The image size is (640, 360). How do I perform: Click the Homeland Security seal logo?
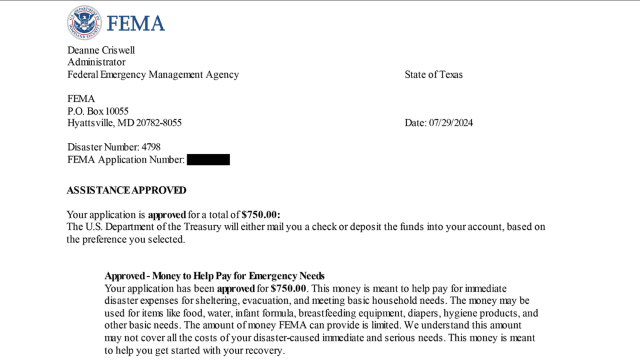click(84, 22)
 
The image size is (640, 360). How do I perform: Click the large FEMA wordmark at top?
click(136, 23)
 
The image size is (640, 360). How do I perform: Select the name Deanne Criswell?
click(100, 50)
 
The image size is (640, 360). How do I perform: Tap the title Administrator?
click(97, 62)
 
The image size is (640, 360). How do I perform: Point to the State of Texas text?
click(433, 75)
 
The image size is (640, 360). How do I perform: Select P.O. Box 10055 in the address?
click(97, 111)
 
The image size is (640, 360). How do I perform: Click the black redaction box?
click(208, 159)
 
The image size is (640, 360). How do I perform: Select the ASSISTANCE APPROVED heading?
click(126, 190)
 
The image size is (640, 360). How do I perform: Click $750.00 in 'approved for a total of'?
click(260, 214)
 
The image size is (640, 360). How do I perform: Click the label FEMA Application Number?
click(126, 159)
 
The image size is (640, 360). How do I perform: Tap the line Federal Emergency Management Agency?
click(153, 75)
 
